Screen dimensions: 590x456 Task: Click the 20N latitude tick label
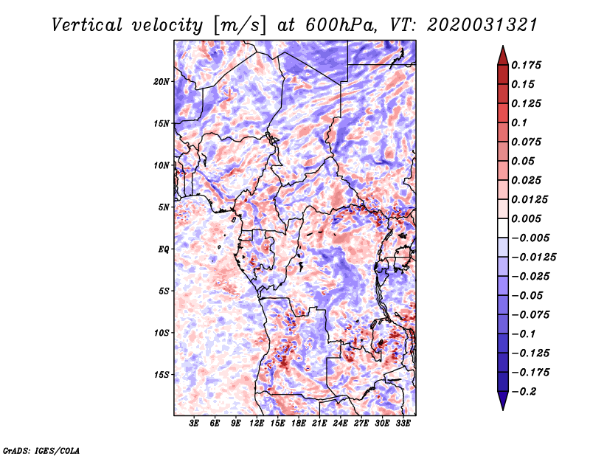162,82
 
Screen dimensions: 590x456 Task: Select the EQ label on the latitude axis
164,249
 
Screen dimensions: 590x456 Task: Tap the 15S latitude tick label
162,375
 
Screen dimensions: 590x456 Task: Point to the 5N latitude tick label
164,207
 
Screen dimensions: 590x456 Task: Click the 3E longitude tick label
194,424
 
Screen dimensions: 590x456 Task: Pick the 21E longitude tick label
319,424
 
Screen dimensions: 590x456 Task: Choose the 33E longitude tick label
403,424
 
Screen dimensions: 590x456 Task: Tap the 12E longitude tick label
256,424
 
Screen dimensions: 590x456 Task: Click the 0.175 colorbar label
526,65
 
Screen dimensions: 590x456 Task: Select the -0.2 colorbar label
524,392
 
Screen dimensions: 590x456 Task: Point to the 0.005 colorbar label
526,218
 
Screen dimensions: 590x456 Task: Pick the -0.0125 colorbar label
533,258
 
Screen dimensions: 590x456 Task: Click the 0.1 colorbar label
519,122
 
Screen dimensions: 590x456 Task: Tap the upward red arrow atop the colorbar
503,55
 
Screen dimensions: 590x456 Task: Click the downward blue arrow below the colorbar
503,401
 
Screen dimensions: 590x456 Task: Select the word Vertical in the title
87,25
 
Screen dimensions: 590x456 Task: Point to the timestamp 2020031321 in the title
482,25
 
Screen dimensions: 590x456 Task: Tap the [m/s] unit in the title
240,25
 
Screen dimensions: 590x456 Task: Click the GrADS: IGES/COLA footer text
41,451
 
